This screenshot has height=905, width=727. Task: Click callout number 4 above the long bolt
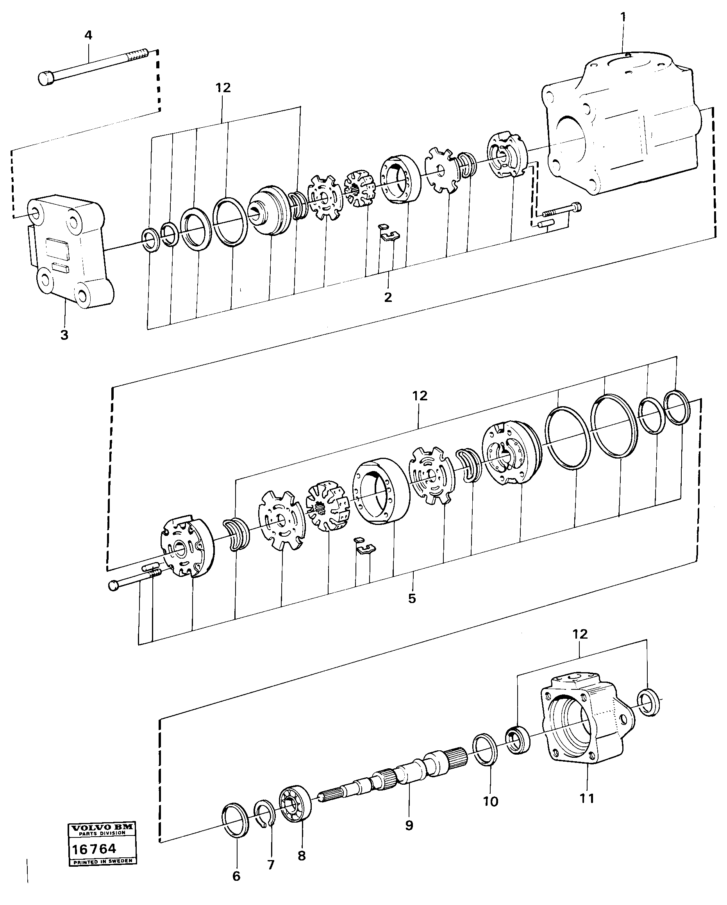88,35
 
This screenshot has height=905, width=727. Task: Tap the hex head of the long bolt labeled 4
45,79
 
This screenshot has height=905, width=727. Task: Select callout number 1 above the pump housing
623,17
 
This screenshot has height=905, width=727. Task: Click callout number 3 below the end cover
64,335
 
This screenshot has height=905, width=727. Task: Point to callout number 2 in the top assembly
388,297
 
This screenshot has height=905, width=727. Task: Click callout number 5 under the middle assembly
412,598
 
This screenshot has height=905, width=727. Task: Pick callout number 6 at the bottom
236,876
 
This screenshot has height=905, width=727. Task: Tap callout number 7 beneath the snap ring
271,865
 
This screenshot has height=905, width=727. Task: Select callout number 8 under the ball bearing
302,855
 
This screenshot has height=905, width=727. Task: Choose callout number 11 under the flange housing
587,798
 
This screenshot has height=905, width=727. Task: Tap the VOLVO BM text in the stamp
102,828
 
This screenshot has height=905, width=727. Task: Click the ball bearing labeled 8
295,803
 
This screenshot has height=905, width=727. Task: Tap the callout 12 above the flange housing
580,634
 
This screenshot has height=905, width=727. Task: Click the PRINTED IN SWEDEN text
102,861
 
